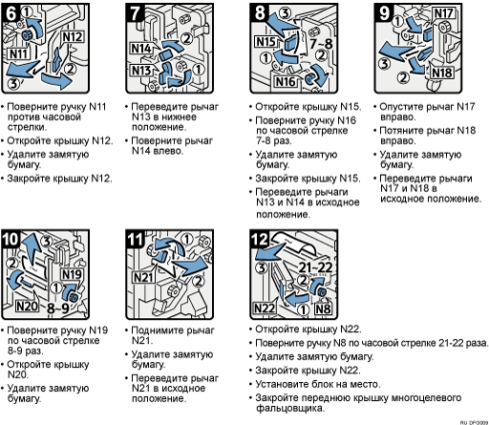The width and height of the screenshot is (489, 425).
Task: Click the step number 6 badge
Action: (11, 13)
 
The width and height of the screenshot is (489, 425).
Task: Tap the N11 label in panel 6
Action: (19, 53)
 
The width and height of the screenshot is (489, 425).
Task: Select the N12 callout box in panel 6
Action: (73, 37)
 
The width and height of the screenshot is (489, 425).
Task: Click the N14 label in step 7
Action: (140, 49)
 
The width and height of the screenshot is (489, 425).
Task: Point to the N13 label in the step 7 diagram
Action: (140, 71)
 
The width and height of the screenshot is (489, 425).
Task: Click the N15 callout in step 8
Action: (266, 42)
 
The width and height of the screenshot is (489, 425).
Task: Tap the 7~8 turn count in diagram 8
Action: (321, 43)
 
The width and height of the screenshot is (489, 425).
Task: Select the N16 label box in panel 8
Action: (286, 81)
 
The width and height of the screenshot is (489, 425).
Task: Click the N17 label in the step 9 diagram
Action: (444, 13)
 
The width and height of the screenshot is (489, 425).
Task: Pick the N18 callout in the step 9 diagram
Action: (442, 73)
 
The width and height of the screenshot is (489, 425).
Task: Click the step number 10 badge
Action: (11, 239)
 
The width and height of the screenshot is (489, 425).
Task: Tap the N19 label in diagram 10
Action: (72, 274)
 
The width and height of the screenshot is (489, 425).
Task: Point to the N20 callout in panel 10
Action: (27, 307)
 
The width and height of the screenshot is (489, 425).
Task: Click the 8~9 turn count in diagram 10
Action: (58, 308)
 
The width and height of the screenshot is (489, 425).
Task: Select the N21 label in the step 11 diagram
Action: (143, 277)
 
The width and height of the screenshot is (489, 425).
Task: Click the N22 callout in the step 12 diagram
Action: (265, 308)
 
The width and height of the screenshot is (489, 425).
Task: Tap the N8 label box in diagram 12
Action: (323, 308)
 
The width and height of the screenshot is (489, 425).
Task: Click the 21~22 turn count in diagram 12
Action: (315, 267)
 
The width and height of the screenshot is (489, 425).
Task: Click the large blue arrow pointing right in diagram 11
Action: (190, 266)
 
